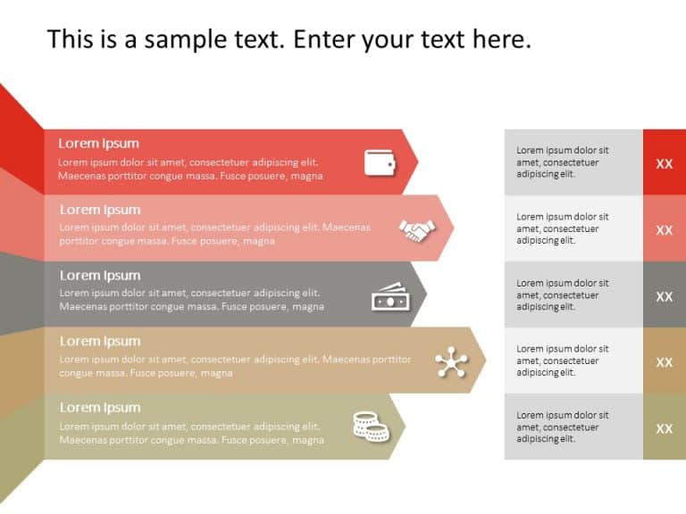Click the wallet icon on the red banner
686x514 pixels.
click(x=379, y=162)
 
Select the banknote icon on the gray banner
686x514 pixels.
click(x=389, y=297)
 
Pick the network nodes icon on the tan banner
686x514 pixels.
click(x=450, y=362)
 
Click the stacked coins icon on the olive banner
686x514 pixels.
click(x=371, y=427)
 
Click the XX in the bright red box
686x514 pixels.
click(x=665, y=163)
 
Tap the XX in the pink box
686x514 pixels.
click(x=665, y=229)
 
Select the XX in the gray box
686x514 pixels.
click(x=665, y=296)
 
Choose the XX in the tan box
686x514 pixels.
click(x=665, y=362)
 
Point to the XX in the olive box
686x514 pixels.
click(x=665, y=428)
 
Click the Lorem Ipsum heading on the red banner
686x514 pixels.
click(x=98, y=144)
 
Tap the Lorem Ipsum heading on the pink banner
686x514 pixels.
click(x=100, y=210)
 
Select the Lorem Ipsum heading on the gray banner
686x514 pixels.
click(x=100, y=276)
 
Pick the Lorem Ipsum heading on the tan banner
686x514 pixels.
click(x=100, y=342)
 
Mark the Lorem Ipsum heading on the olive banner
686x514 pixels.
click(x=100, y=408)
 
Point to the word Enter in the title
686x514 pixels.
click(x=324, y=40)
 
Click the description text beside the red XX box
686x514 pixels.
click(x=563, y=162)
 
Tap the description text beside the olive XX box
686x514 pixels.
click(x=563, y=427)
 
